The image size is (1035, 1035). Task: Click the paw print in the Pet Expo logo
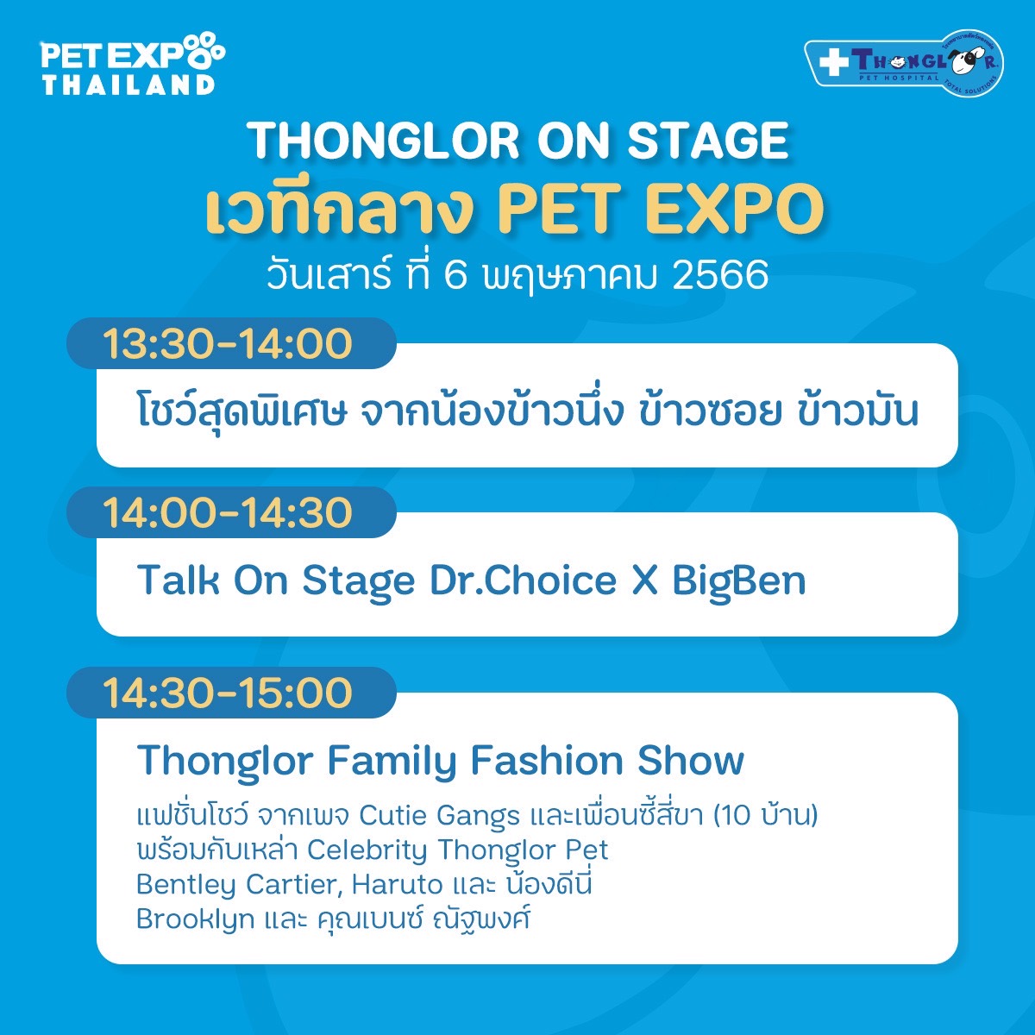pos(204,51)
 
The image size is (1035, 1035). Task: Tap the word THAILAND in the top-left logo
pos(129,85)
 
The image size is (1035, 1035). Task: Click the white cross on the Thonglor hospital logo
pos(833,63)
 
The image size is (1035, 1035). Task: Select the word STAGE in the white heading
pos(707,141)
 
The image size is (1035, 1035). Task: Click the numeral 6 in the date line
pos(456,275)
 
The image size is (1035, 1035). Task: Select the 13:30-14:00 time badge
pos(231,343)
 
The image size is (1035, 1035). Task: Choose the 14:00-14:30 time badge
pos(231,512)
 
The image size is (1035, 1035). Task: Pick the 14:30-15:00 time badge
pos(231,693)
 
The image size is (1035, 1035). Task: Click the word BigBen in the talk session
pos(739,581)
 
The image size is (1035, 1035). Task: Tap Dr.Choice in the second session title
pos(524,580)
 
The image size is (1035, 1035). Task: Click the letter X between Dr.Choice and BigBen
pos(644,580)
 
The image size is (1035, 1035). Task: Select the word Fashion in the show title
pos(546,761)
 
